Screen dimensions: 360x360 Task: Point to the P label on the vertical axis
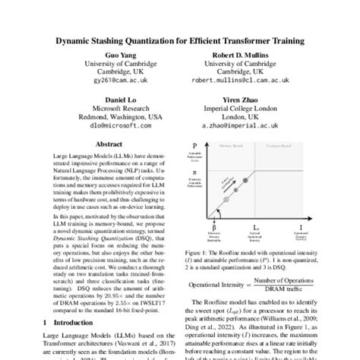pos(195,144)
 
